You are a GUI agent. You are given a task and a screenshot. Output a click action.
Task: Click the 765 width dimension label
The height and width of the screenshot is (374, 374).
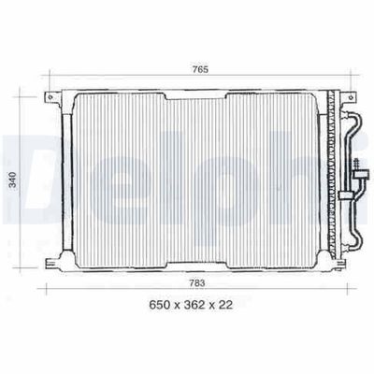200,69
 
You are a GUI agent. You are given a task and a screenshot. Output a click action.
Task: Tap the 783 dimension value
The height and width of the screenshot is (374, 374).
197,283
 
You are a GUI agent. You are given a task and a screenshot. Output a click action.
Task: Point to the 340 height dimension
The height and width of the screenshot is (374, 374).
13,180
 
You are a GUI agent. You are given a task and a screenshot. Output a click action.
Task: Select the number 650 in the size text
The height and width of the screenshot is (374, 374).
160,305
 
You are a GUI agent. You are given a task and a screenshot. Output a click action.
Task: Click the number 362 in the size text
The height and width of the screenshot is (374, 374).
194,305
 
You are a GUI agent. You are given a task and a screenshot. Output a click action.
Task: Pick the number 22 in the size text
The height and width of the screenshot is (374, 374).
225,305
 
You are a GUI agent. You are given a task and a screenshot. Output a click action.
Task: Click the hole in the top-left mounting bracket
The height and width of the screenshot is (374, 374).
50,97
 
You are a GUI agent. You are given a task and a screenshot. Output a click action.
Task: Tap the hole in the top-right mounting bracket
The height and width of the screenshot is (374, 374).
352,97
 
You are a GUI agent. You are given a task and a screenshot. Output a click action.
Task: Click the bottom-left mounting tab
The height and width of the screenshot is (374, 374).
53,264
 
